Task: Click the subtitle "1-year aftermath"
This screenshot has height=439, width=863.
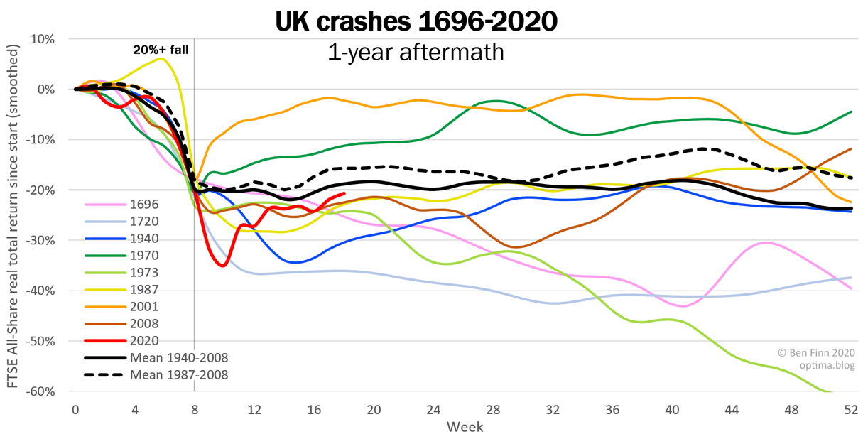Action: pos(416,52)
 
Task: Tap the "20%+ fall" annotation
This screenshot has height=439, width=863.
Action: pos(161,50)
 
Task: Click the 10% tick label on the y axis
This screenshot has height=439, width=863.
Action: pos(42,39)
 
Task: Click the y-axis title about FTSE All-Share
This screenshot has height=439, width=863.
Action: pos(13,214)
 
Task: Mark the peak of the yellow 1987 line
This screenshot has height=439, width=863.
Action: pos(161,58)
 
